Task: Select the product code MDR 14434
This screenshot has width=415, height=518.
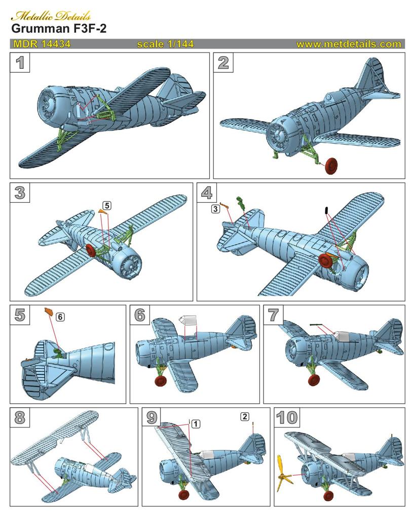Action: [x=42, y=44]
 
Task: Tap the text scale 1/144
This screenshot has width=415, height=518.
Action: [x=165, y=44]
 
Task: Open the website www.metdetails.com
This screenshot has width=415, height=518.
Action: [x=349, y=44]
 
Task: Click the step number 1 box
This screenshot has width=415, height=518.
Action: [x=21, y=63]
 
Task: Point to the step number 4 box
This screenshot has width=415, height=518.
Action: [x=207, y=193]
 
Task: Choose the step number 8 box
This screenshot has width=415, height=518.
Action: [x=20, y=418]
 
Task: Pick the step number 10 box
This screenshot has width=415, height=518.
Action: [x=286, y=418]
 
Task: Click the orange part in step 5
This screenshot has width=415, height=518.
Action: [x=49, y=311]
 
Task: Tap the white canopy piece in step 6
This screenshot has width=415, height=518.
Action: [x=188, y=320]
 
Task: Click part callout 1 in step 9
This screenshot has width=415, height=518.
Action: [x=197, y=423]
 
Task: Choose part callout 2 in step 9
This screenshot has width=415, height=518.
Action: [x=245, y=416]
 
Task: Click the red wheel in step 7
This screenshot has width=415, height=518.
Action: [x=315, y=381]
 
